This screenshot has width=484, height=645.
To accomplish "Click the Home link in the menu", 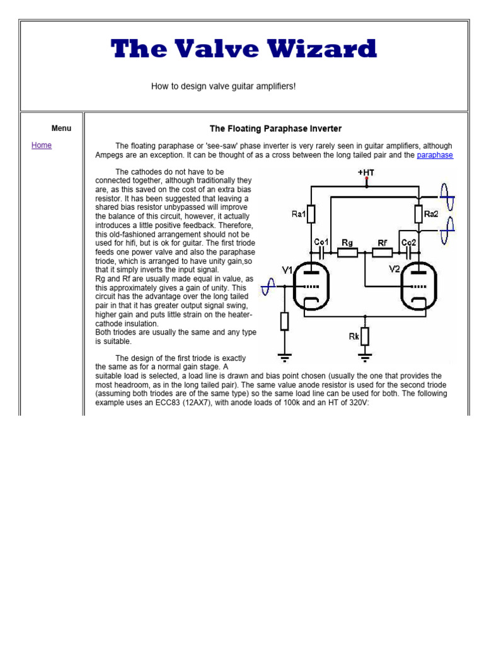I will (x=42, y=146).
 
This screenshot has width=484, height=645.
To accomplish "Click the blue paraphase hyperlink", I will (x=435, y=155).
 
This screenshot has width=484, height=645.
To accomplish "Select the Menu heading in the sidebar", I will (x=61, y=128).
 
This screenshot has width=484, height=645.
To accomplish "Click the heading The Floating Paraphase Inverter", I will (x=275, y=128).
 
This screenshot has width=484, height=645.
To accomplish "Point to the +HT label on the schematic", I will (x=366, y=172).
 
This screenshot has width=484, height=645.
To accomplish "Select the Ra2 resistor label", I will (x=431, y=214).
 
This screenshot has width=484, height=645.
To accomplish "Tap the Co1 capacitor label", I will (x=321, y=242).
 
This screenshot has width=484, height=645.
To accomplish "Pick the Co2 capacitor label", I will (x=408, y=242).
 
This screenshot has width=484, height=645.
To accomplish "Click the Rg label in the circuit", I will (x=347, y=242).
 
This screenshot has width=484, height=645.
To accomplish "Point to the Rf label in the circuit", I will (x=383, y=242).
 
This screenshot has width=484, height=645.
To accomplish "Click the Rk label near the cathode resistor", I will (x=354, y=336).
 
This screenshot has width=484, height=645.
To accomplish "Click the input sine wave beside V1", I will (x=268, y=287).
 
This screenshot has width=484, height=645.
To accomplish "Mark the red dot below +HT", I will (x=366, y=179).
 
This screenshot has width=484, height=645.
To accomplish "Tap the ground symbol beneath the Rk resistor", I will (x=365, y=358).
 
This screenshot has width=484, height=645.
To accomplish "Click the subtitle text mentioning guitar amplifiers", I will (x=223, y=86).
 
